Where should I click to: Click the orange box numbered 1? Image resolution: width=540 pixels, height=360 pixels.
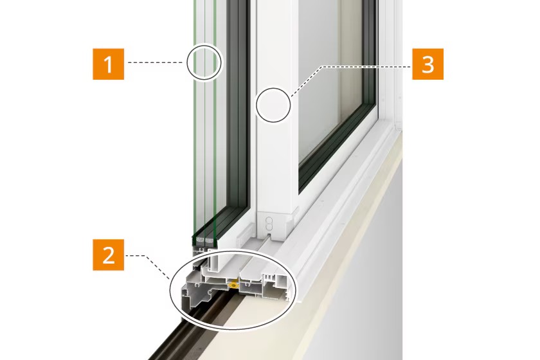point(108,64)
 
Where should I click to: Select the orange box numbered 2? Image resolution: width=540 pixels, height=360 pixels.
point(108,255)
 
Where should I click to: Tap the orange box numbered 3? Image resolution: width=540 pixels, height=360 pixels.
point(428,64)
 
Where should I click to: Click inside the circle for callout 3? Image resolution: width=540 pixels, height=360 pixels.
point(273,105)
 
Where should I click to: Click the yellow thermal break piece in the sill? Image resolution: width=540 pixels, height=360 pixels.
point(234,284)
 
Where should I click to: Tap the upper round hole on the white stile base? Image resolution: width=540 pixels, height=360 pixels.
point(269,219)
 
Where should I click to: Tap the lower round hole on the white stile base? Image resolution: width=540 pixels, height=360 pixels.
point(269,226)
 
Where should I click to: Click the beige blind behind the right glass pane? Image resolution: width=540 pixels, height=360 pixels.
point(351,69)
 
